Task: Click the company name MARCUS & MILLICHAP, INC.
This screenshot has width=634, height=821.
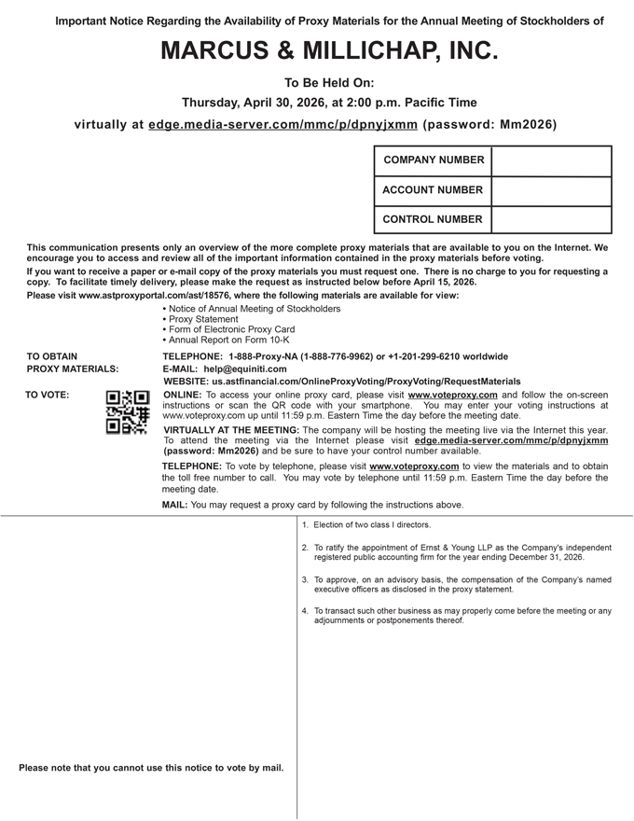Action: click(x=329, y=51)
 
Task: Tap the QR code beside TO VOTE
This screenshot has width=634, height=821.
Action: click(x=128, y=412)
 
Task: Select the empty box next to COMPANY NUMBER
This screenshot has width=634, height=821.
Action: click(x=550, y=160)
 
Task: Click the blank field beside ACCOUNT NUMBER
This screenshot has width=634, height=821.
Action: click(x=550, y=190)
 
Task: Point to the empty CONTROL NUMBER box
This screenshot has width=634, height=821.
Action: click(x=550, y=219)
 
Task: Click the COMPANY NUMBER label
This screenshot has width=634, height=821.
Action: click(x=434, y=160)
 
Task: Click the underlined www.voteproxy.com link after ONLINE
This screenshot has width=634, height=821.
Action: click(x=452, y=395)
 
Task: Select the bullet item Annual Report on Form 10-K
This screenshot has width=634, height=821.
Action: click(x=228, y=341)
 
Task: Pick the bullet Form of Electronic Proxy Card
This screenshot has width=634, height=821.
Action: click(x=231, y=329)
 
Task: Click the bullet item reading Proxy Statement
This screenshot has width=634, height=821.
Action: click(x=203, y=319)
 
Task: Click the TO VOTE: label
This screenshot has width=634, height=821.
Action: click(x=47, y=395)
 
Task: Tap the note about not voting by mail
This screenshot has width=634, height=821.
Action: click(x=151, y=768)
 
